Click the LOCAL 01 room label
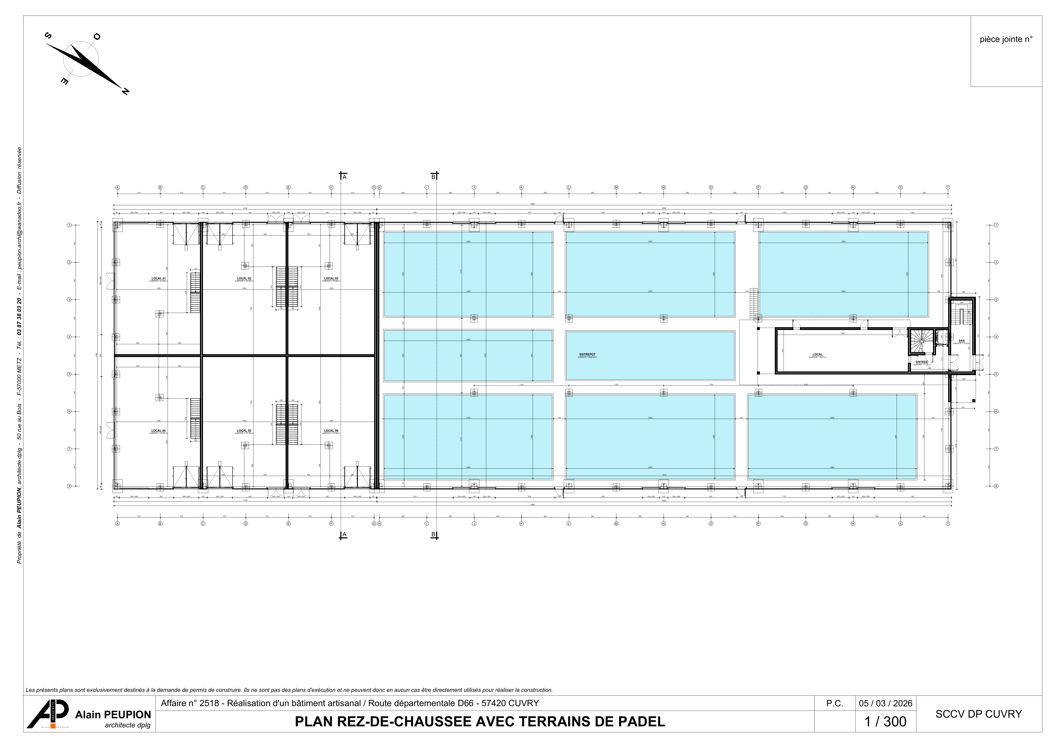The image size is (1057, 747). [x=158, y=278]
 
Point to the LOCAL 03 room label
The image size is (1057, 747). [x=331, y=278]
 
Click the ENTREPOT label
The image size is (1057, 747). [x=587, y=354]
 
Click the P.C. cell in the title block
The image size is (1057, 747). [x=835, y=703]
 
